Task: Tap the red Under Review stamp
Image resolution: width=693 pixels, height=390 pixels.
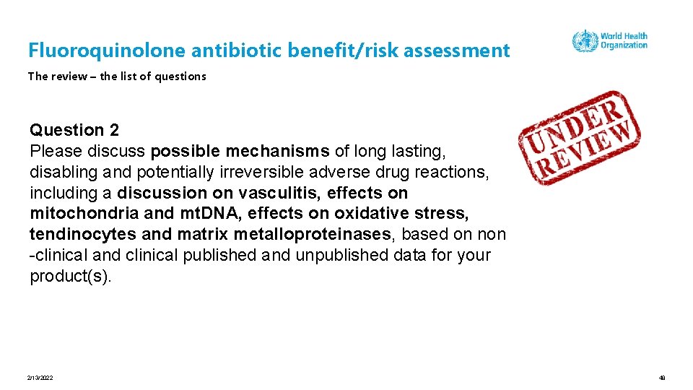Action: point(579,136)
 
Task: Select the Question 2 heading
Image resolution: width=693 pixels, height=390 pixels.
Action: point(74,130)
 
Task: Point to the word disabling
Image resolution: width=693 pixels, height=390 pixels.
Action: point(62,172)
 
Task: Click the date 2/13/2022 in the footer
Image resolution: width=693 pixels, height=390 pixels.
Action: point(40,378)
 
